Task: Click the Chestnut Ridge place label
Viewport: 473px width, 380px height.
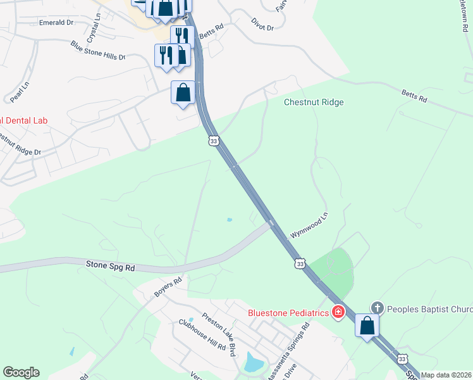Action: [313, 102]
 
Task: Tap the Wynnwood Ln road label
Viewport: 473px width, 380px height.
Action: [309, 225]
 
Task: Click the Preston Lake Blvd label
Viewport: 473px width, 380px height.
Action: [219, 332]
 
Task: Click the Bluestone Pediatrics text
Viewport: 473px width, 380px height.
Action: [288, 312]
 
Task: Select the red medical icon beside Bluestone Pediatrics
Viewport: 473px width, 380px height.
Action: [338, 312]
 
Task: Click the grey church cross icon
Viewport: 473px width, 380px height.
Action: [377, 308]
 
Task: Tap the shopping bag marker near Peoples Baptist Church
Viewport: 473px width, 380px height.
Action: [367, 326]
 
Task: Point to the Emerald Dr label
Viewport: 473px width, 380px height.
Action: [56, 22]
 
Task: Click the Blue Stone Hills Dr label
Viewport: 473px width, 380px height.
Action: [98, 50]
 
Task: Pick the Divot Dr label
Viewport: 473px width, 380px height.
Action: [262, 28]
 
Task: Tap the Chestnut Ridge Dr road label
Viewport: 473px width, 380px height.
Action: [19, 144]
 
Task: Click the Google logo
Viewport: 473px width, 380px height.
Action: [21, 372]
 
